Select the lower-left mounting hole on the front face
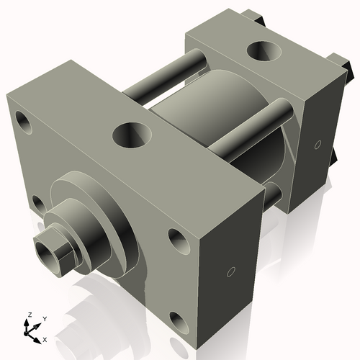pyautogui.click(x=38, y=204)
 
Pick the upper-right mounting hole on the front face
pyautogui.click(x=177, y=239)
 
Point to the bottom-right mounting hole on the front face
pyautogui.click(x=179, y=322)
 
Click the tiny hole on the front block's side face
pyautogui.click(x=230, y=272)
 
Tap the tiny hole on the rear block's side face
pyautogui.click(x=318, y=145)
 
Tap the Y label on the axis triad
pyautogui.click(x=44, y=318)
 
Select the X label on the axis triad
pyautogui.click(x=45, y=338)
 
